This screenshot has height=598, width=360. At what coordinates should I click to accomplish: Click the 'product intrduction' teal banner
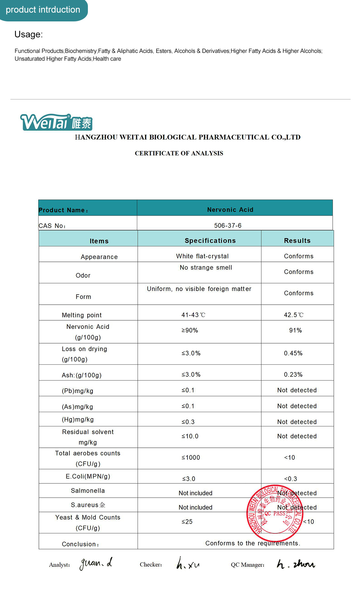coord(43,10)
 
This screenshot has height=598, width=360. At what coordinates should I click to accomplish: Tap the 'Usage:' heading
coord(29,34)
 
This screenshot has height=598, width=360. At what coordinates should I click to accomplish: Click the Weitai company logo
coord(56,122)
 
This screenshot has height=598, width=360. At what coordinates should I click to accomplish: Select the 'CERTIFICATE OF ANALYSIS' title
coord(179,153)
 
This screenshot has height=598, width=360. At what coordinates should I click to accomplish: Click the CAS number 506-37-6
coord(228,226)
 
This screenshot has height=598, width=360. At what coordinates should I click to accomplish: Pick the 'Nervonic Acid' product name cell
coord(230,210)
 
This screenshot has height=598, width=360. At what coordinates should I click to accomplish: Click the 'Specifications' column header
coord(210,240)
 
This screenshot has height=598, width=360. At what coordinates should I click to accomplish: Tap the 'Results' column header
coord(297,240)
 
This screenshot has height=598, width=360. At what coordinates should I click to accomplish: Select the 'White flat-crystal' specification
coord(202,256)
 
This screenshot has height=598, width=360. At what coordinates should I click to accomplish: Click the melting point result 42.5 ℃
coord(294,315)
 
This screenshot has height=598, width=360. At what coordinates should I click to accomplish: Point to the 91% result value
coord(295,330)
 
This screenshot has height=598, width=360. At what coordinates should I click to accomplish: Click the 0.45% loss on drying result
coord(293,353)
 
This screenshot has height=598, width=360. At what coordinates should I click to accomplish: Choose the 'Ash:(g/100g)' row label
coord(82,375)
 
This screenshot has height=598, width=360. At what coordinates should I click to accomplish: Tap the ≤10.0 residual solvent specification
coord(190,436)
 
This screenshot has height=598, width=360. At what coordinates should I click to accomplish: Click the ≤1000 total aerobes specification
coord(191,458)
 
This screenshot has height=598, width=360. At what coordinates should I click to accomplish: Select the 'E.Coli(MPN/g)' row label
coord(88,476)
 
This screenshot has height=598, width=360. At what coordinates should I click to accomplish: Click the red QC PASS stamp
coord(275,509)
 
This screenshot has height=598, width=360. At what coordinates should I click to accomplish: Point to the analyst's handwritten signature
coord(96,563)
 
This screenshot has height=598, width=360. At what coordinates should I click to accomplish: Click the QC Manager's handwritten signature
coord(296,564)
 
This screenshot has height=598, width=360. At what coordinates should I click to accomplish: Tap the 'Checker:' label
coord(151,565)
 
